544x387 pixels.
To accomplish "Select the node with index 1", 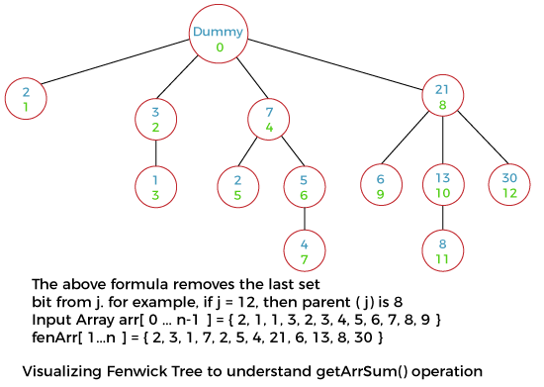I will [x=26, y=99].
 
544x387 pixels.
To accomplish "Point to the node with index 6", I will [x=304, y=188].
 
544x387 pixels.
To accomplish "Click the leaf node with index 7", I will [x=304, y=250].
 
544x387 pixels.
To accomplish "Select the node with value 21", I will [x=441, y=96].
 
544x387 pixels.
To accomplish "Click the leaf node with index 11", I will [x=441, y=249].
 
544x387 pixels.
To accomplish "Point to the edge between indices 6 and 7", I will [x=304, y=219].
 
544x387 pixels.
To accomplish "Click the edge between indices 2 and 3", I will [x=155, y=152].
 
